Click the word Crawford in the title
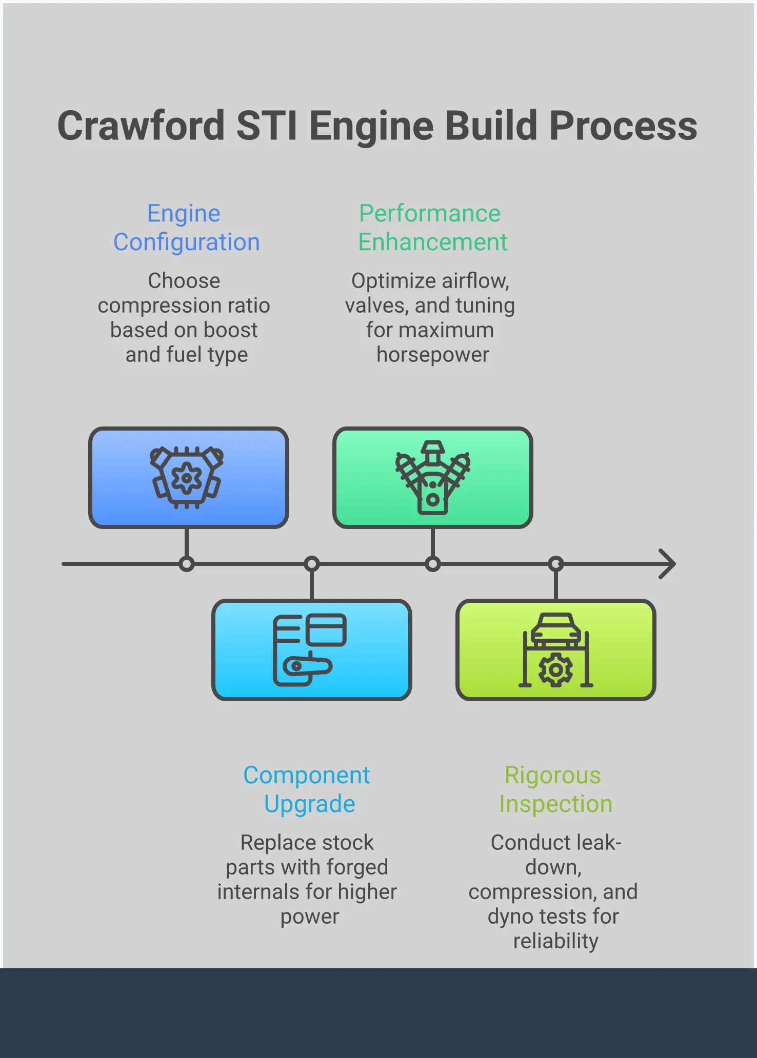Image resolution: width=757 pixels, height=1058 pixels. point(141,126)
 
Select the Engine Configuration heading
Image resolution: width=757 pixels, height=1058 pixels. point(186,228)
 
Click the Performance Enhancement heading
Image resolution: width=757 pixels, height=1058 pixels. point(432,228)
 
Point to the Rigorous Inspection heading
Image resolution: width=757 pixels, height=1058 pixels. point(555,789)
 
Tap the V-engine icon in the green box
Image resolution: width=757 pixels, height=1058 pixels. point(432,478)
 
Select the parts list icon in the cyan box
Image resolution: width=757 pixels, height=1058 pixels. point(309,649)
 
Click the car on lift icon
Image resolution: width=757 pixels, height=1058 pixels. point(555,649)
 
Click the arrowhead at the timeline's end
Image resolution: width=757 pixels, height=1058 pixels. point(668,564)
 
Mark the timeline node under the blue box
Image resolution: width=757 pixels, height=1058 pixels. point(187,564)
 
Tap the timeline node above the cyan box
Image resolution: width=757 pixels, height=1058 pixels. point(312,564)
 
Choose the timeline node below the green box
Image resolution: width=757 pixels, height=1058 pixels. point(433,564)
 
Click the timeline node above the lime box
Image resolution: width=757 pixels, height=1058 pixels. point(556,564)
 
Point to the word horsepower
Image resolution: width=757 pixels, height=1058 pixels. point(432,355)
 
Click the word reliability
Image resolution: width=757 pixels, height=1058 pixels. point(555,941)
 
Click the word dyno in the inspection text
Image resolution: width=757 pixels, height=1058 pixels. point(510,917)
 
